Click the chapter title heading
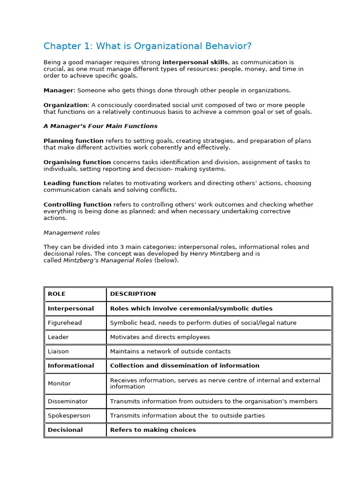pyautogui.click(x=147, y=46)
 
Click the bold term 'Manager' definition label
pyautogui.click(x=59, y=90)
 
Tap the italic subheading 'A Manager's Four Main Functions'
pyautogui.click(x=100, y=126)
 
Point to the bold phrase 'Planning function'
pyautogui.click(x=74, y=141)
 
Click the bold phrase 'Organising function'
pyautogui.click(x=77, y=162)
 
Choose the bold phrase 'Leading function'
pyautogui.click(x=72, y=183)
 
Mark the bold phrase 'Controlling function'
pyautogui.click(x=77, y=204)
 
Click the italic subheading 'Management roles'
pyautogui.click(x=71, y=232)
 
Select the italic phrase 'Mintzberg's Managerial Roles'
pyautogui.click(x=108, y=261)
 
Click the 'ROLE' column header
pyautogui.click(x=57, y=294)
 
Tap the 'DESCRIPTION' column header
pyautogui.click(x=133, y=294)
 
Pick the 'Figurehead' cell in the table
pyautogui.click(x=64, y=322)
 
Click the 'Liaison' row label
pyautogui.click(x=58, y=351)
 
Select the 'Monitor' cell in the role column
pyautogui.click(x=59, y=383)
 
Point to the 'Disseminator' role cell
pyautogui.click(x=67, y=401)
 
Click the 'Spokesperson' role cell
pyautogui.click(x=69, y=415)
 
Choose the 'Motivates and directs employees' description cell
pyautogui.click(x=160, y=337)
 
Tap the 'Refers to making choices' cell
pyautogui.click(x=153, y=430)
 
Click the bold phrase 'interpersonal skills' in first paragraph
pyautogui.click(x=195, y=62)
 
